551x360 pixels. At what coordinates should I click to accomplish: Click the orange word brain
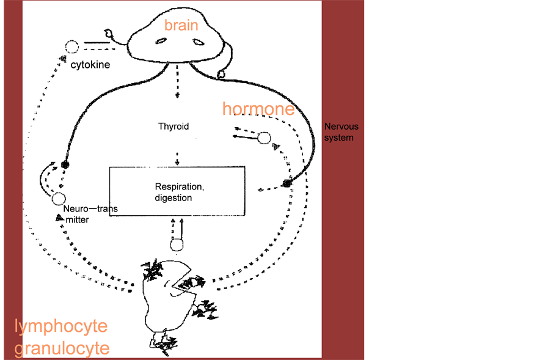(181, 25)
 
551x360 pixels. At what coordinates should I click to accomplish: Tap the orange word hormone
(258, 109)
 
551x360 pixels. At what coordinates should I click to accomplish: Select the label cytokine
(90, 64)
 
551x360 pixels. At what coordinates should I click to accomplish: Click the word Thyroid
(173, 127)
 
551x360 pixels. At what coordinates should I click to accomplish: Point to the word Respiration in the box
(179, 186)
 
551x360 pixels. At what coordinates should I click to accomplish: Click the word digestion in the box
(173, 197)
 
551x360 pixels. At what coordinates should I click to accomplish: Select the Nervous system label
(341, 132)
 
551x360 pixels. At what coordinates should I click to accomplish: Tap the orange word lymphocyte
(61, 326)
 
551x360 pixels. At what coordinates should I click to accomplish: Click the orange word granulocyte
(62, 348)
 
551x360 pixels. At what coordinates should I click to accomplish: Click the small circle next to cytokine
(72, 46)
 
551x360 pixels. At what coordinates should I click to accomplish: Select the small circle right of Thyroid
(264, 138)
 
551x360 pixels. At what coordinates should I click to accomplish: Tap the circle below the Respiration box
(177, 245)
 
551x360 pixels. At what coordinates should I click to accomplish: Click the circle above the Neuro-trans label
(59, 199)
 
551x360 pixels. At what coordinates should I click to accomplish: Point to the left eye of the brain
(161, 41)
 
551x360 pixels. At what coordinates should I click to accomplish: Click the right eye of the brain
(198, 42)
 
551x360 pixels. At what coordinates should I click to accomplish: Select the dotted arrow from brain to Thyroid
(177, 82)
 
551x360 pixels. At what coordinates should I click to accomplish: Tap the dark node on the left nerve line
(65, 164)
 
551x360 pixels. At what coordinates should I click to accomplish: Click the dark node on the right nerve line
(287, 183)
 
